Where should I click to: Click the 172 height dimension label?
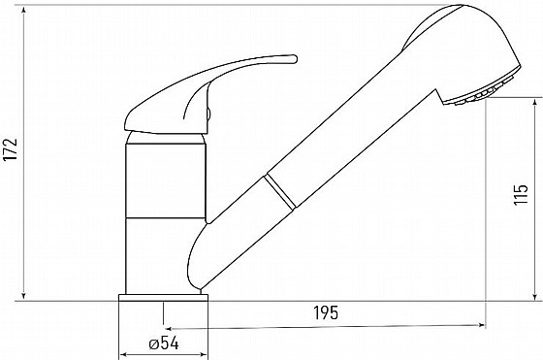pyautogui.click(x=11, y=149)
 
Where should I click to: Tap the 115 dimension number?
pyautogui.click(x=521, y=195)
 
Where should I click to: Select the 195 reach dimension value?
pyautogui.click(x=326, y=312)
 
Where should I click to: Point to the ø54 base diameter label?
pyautogui.click(x=164, y=344)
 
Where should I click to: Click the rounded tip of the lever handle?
pyautogui.click(x=295, y=58)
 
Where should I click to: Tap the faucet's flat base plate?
pyautogui.click(x=164, y=298)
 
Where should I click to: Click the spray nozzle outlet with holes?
pyautogui.click(x=478, y=92)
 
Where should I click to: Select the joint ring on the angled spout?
pyautogui.click(x=280, y=191)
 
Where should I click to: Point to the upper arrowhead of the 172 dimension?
pyautogui.click(x=23, y=10)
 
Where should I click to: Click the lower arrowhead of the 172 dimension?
pyautogui.click(x=23, y=295)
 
